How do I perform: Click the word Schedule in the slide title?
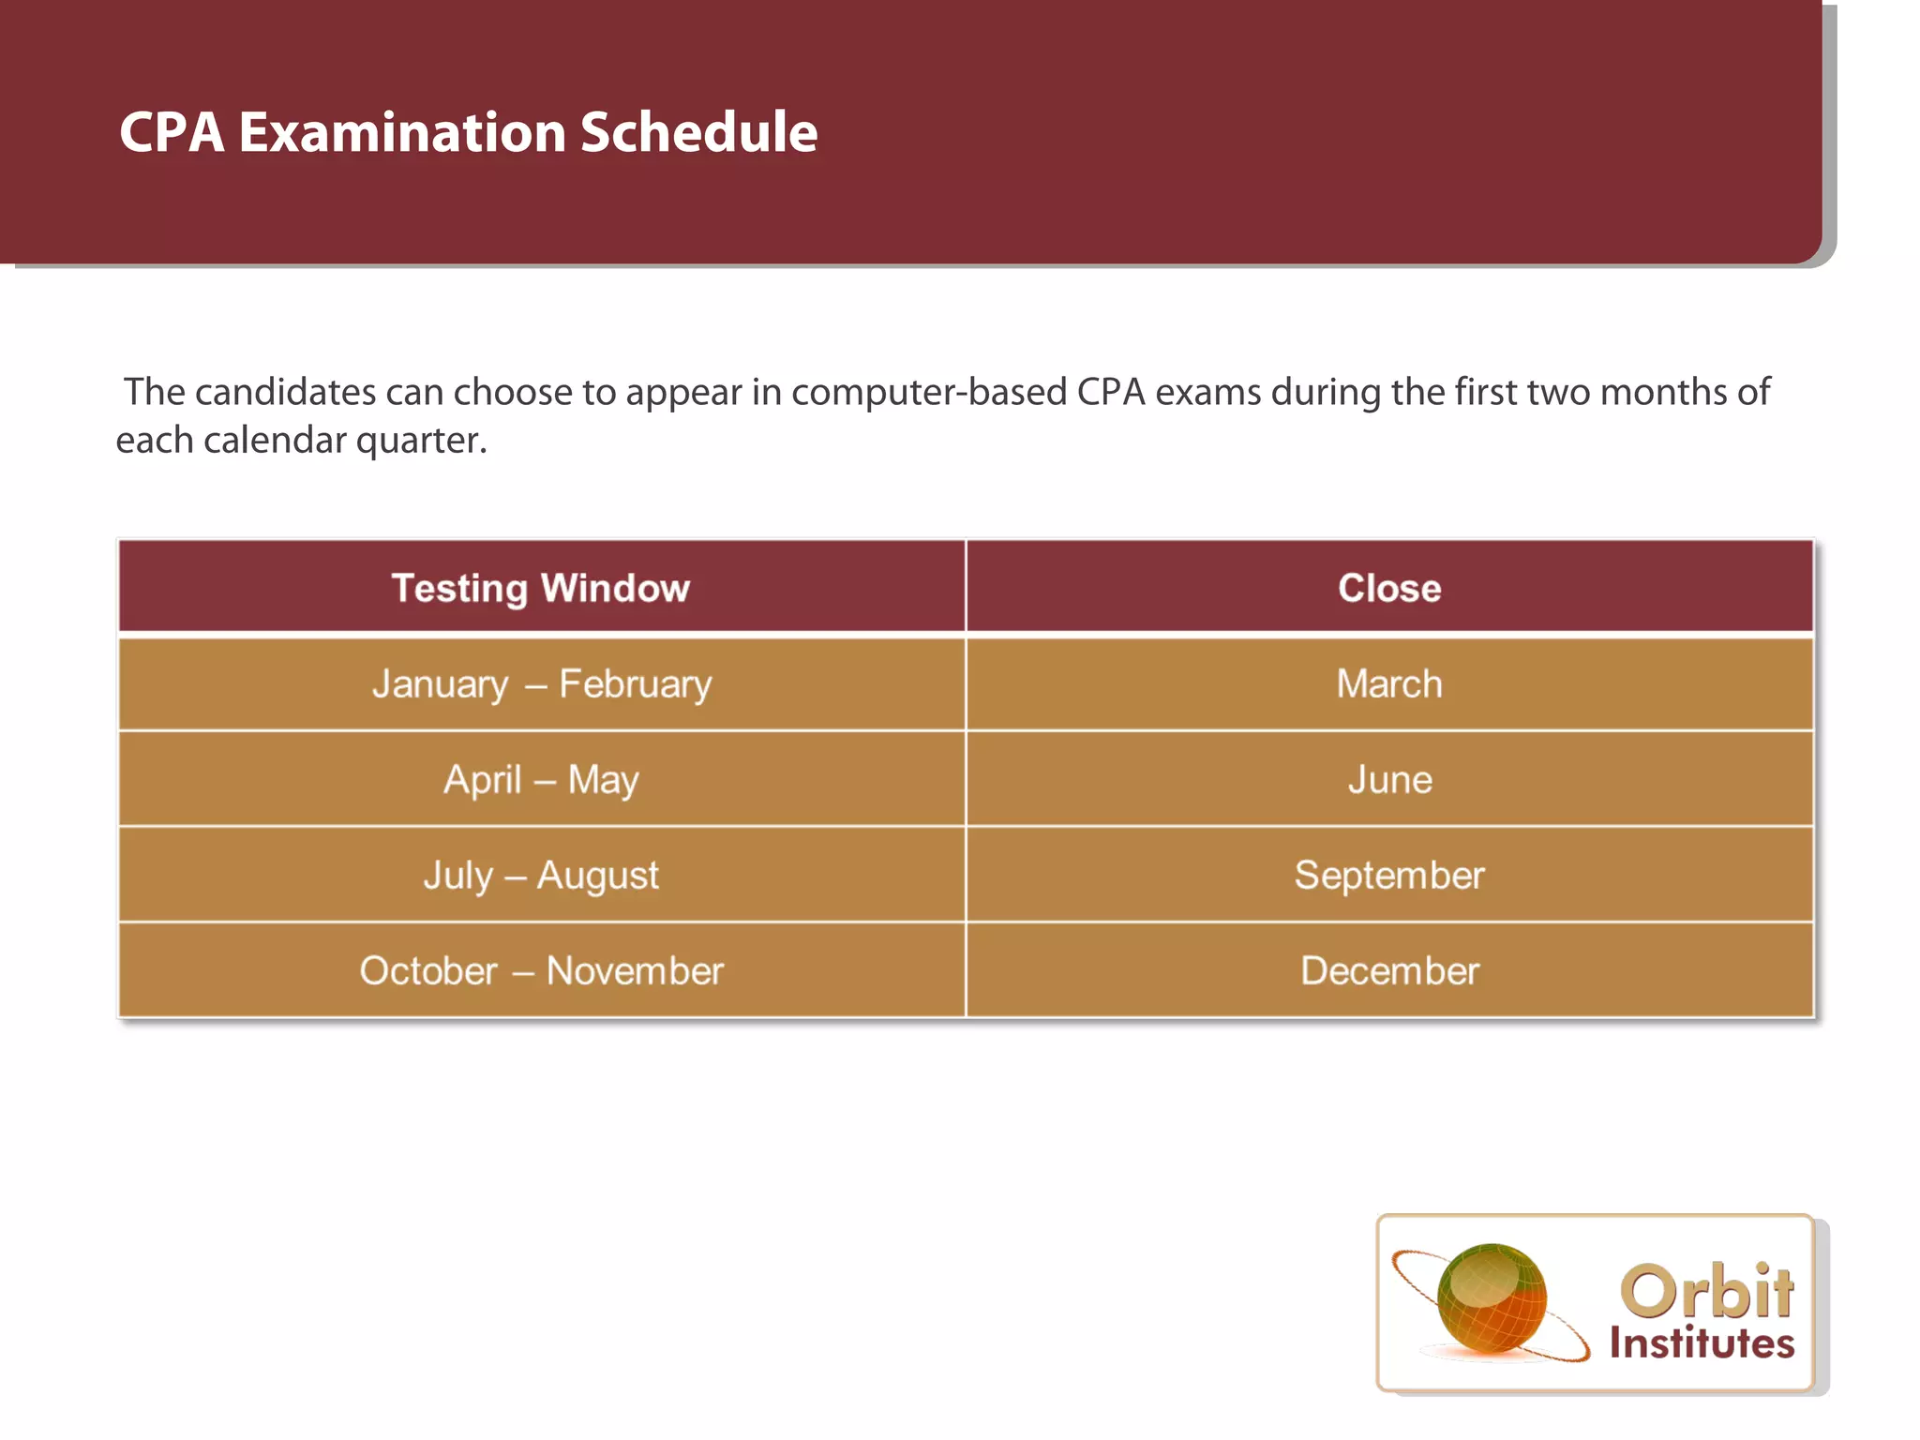(698, 132)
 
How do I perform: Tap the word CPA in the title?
(172, 132)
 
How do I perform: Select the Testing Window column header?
(541, 588)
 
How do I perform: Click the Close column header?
(1389, 588)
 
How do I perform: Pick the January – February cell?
(541, 684)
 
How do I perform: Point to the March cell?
(1389, 684)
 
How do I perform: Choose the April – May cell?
(541, 780)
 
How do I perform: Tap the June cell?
(1389, 780)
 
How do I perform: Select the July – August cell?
(541, 876)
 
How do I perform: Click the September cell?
(1389, 876)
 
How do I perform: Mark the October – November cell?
(541, 971)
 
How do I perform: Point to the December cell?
(1389, 971)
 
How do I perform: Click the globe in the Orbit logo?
(1491, 1298)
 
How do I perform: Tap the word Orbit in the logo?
(1706, 1291)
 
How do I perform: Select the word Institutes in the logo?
(1702, 1342)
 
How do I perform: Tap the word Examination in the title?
(401, 132)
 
